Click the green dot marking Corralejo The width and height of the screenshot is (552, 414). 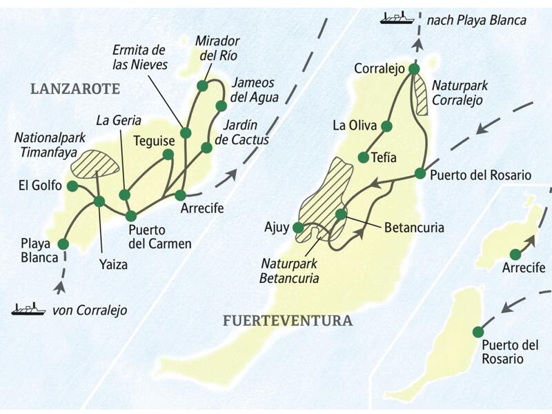point(413,69)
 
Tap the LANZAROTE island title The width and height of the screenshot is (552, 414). point(75,88)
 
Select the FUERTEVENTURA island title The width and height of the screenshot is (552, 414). point(288,321)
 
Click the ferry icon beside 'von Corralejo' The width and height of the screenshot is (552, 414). point(28,310)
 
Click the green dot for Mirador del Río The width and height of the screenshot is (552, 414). point(202,86)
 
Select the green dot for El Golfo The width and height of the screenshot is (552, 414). point(72,185)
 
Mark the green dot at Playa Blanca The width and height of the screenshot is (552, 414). point(63,244)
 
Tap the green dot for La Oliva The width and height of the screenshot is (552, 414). point(386,126)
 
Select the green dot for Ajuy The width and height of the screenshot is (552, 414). point(298,227)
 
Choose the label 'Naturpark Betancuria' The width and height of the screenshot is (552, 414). point(289,271)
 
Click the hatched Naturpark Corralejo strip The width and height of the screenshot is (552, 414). point(422,95)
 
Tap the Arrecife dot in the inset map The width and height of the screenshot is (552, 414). point(515,254)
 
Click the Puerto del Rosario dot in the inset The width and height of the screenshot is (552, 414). point(477,332)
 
